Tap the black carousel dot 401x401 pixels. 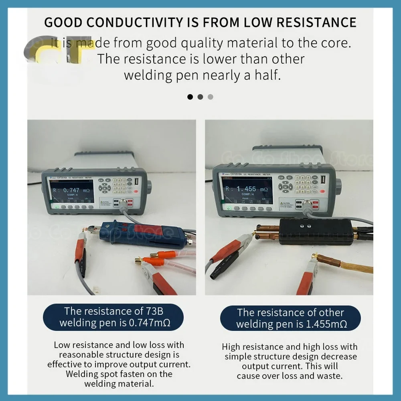click(x=190, y=97)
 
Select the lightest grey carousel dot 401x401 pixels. click(x=211, y=97)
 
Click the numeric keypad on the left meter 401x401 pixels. click(x=122, y=185)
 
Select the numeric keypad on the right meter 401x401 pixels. click(x=303, y=184)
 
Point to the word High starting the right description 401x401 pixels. click(x=231, y=347)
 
